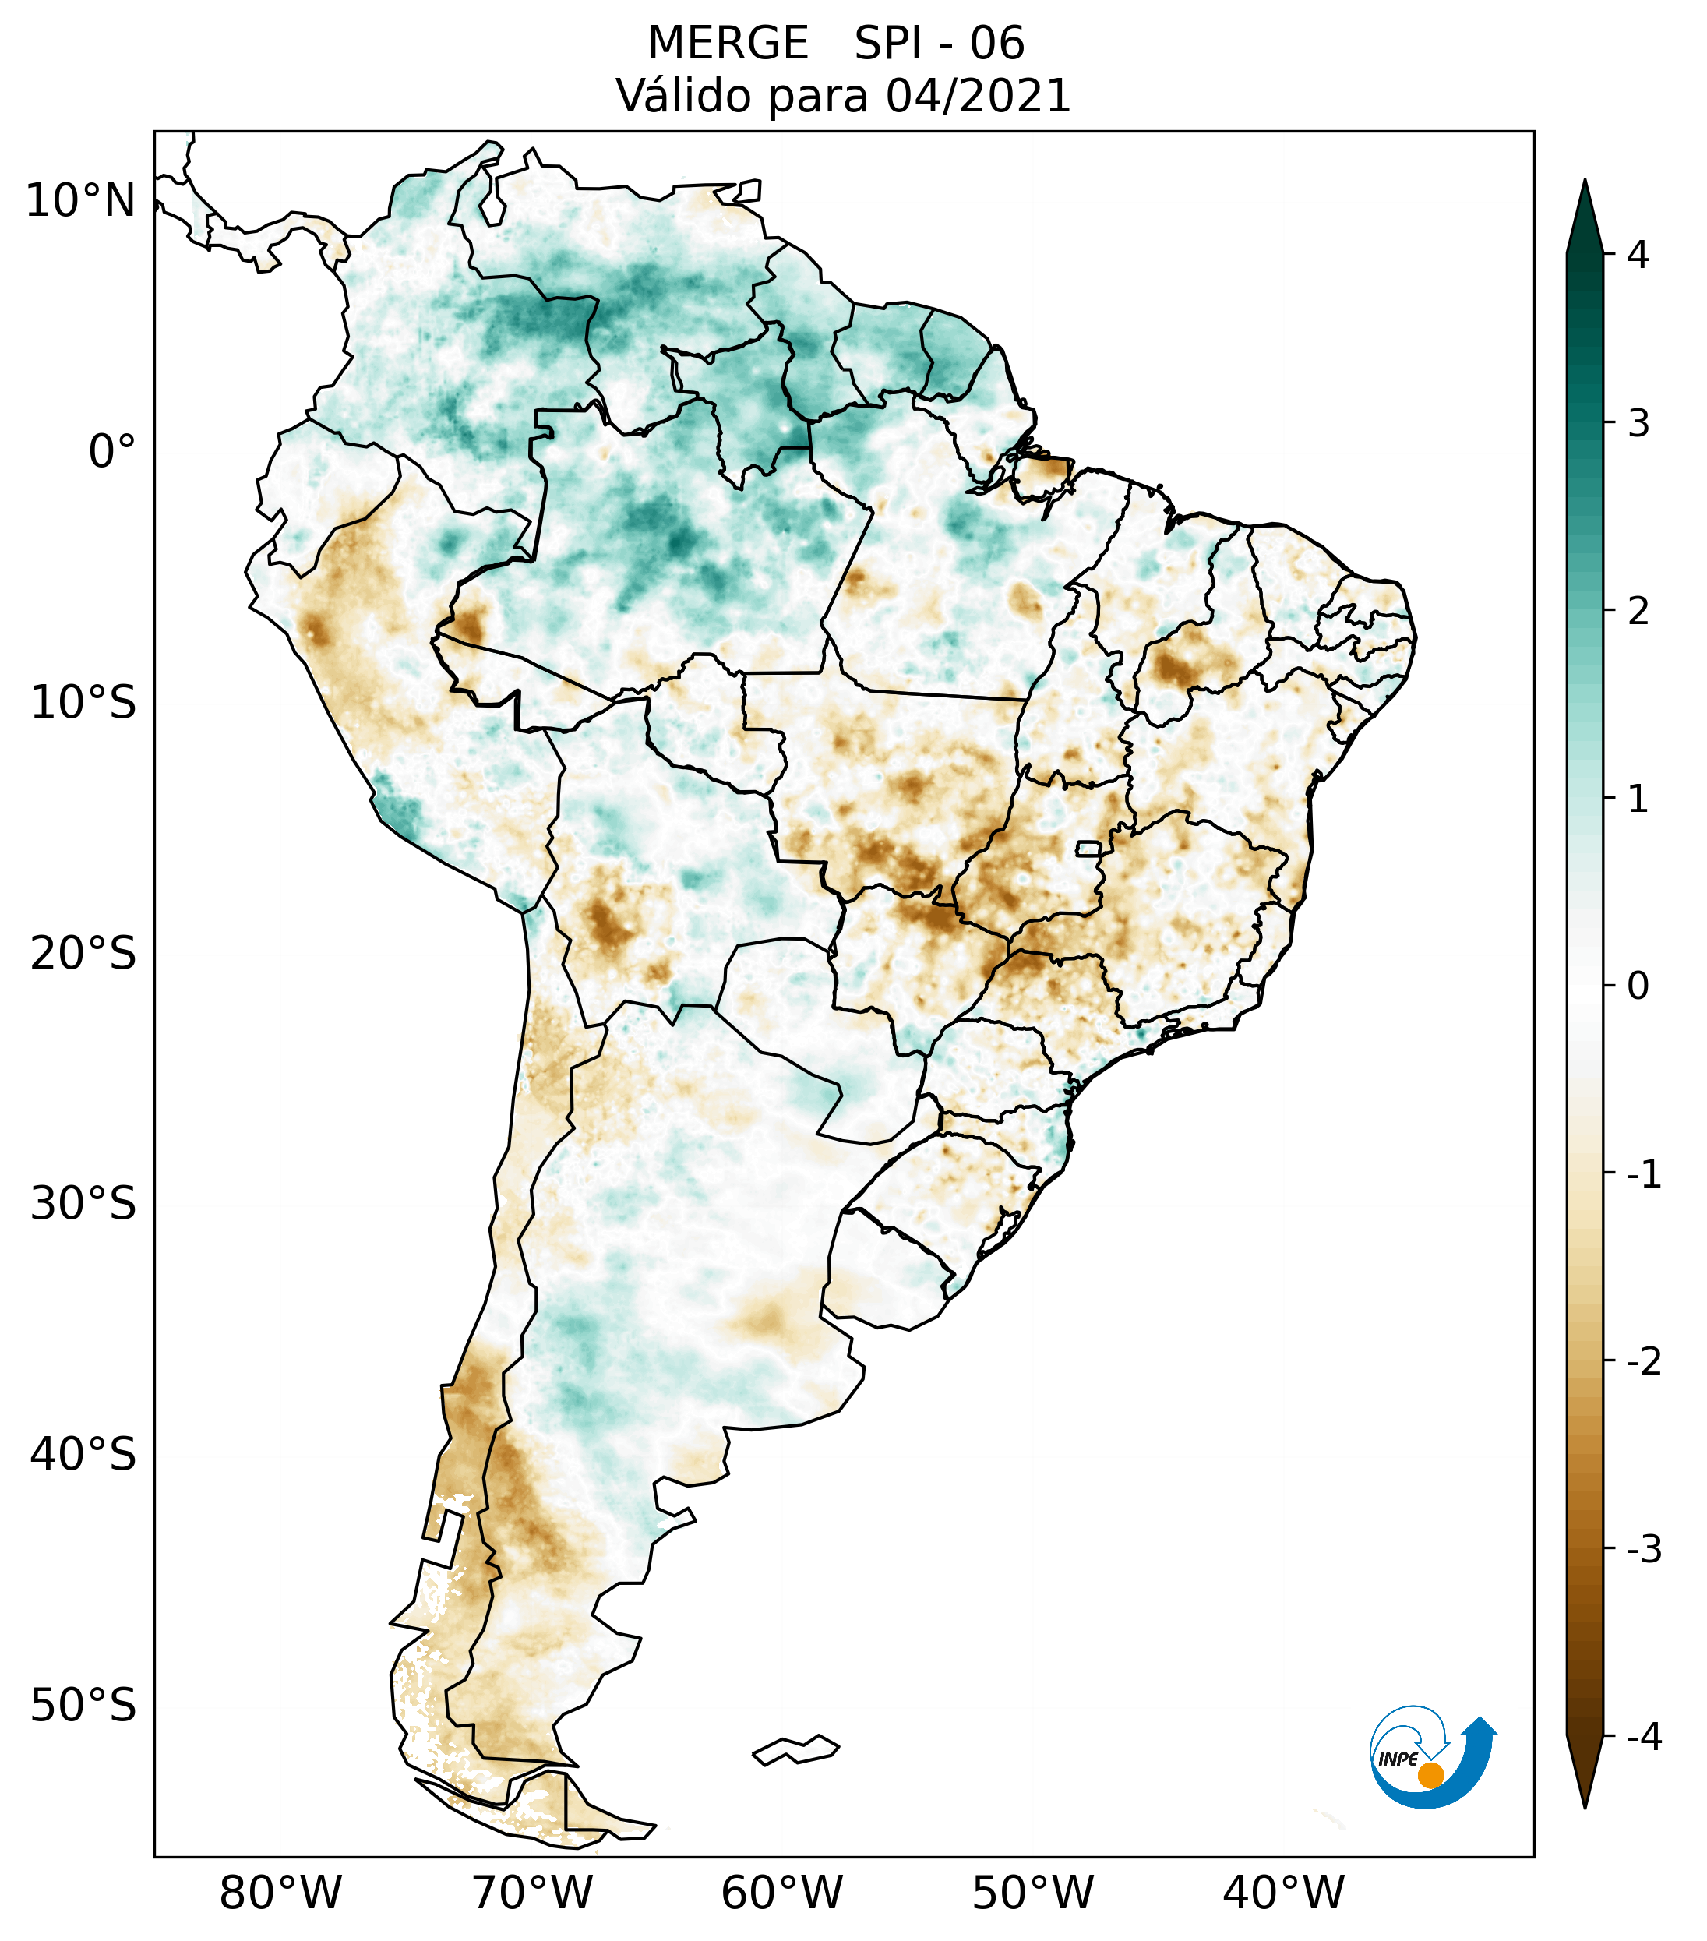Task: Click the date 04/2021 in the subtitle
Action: click(978, 96)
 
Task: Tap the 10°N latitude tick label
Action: click(79, 201)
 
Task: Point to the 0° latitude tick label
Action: click(111, 452)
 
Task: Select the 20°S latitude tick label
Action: click(83, 954)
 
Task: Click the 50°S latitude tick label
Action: click(83, 1706)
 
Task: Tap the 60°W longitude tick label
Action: click(781, 1893)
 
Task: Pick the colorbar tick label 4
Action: click(1638, 255)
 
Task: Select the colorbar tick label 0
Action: click(1638, 986)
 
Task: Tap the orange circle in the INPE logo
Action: click(1430, 1775)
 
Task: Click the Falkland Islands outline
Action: click(795, 1749)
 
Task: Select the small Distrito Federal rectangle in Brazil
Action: click(1088, 848)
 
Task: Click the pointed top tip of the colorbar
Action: click(1585, 182)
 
